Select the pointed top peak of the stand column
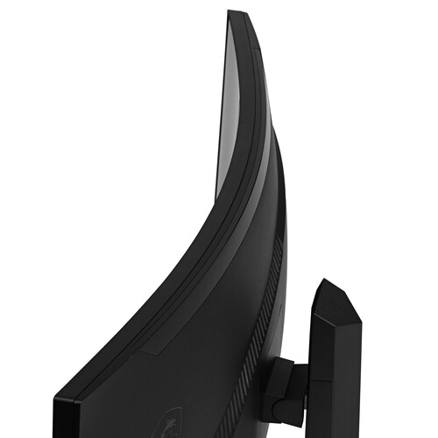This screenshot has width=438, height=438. (x=323, y=282)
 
